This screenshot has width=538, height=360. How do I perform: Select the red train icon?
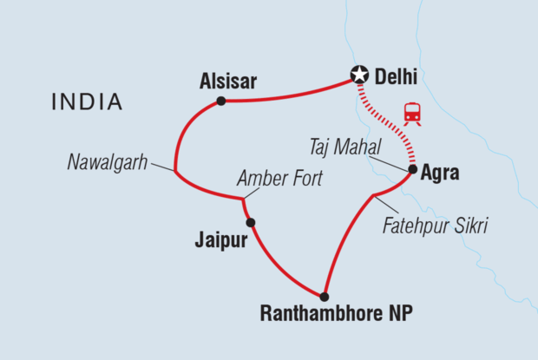(x=412, y=115)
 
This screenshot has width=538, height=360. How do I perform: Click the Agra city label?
(x=440, y=173)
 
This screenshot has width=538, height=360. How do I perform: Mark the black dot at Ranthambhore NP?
(x=325, y=296)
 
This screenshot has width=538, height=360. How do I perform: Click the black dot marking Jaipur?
(x=250, y=223)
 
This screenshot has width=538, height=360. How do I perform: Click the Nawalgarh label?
(x=105, y=161)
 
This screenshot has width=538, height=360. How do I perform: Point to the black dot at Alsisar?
(x=221, y=101)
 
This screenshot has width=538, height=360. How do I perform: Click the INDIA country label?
(x=86, y=102)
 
